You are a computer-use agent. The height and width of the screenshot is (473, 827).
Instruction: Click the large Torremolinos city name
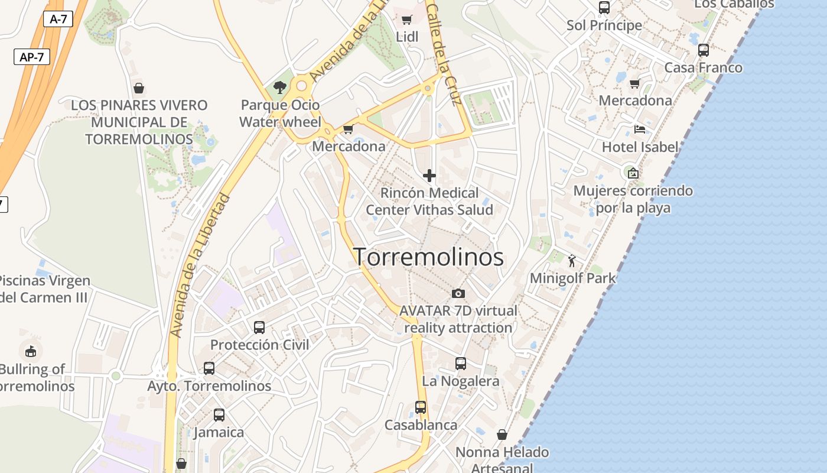428,257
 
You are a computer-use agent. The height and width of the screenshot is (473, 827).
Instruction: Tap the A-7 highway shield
58,19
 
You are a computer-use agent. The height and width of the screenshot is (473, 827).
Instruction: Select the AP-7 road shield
32,57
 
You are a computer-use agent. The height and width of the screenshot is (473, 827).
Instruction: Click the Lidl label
407,37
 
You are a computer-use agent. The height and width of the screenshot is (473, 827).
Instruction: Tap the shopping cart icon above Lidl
406,20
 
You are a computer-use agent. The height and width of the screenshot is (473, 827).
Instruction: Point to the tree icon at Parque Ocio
280,88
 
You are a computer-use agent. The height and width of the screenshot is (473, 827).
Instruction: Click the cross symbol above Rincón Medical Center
429,176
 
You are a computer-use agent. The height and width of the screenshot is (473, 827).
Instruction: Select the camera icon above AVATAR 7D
458,293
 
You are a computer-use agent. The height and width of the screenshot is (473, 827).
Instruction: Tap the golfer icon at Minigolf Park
572,260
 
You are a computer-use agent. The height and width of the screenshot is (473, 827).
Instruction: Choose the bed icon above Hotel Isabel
639,129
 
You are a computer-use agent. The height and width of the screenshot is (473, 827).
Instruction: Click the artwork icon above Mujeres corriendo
633,173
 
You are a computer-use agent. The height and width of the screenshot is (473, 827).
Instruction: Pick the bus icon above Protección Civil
259,327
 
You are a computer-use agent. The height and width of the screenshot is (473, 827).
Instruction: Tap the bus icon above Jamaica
219,414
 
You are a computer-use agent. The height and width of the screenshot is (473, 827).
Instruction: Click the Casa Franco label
703,67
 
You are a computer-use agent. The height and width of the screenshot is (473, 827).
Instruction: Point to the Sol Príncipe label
604,25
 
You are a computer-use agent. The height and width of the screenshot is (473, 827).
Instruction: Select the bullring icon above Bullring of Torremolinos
30,351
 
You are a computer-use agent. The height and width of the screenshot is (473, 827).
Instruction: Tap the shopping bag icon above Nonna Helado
502,435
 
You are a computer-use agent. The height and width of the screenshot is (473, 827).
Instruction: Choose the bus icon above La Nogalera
461,364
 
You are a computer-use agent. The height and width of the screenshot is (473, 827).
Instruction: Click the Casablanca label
421,425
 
